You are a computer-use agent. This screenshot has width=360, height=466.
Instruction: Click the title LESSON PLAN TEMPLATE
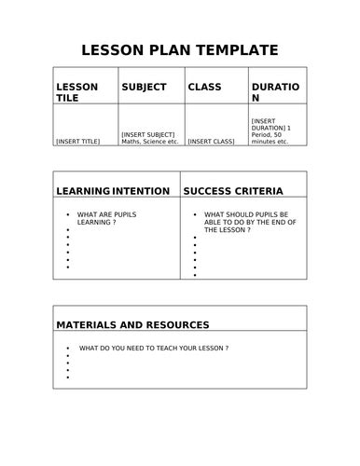tap(179, 49)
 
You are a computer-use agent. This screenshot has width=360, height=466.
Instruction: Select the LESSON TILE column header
tap(77, 92)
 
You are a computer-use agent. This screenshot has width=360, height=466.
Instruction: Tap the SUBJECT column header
tap(144, 87)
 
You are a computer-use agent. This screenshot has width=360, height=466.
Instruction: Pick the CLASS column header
tap(204, 87)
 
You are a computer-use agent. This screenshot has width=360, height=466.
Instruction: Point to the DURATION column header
tap(275, 92)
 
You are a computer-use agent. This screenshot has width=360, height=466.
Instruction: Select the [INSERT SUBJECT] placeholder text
tap(147, 134)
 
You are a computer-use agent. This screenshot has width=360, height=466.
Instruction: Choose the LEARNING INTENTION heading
tap(113, 191)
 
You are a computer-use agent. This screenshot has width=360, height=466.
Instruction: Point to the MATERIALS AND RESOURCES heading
tap(132, 325)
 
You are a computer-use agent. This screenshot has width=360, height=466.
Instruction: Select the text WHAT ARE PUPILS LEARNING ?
tap(110, 219)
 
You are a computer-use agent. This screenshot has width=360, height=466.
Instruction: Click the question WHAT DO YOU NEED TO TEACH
tap(153, 348)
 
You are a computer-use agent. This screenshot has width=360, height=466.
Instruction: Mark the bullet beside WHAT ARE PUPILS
tap(68, 214)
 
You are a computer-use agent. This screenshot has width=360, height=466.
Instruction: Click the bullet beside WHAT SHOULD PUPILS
tap(194, 214)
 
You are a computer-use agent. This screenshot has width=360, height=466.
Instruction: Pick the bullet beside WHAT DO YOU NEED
tap(68, 348)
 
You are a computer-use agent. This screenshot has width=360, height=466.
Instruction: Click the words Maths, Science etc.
tap(149, 142)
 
